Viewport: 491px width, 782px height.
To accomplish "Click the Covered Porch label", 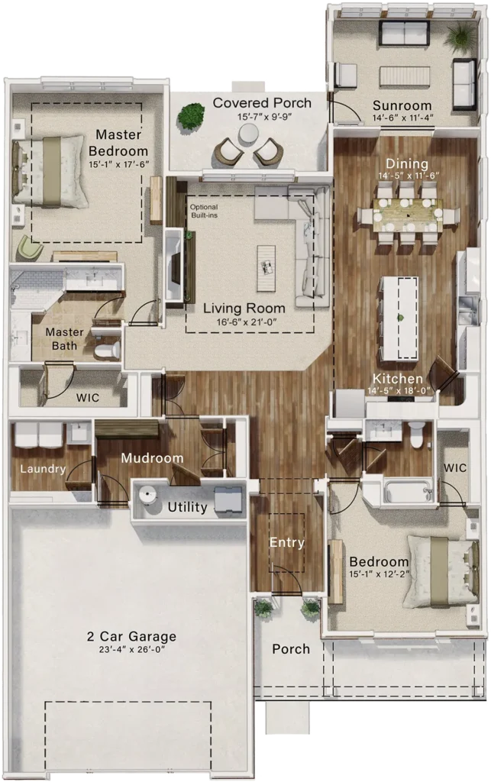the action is pyautogui.click(x=262, y=103).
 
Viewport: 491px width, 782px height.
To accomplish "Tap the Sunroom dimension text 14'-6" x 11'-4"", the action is pyautogui.click(x=402, y=118).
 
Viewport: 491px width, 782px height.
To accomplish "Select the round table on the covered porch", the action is pyautogui.click(x=247, y=134).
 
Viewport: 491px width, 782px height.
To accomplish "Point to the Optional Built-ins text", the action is pyautogui.click(x=204, y=211).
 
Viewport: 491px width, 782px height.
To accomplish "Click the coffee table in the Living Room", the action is pyautogui.click(x=266, y=268).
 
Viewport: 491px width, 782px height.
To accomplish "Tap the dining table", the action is pyautogui.click(x=408, y=215).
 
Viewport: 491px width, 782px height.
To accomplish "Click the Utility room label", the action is pyautogui.click(x=187, y=507).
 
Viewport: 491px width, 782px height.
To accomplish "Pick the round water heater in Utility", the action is pyautogui.click(x=147, y=495).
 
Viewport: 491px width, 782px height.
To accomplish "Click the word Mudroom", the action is pyautogui.click(x=152, y=458).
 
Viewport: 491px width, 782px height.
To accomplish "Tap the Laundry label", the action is pyautogui.click(x=43, y=469).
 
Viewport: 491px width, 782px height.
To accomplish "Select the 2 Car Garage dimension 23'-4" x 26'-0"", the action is pyautogui.click(x=131, y=649).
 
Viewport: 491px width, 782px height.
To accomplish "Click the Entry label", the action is pyautogui.click(x=286, y=543).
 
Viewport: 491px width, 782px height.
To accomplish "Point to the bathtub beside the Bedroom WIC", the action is pyautogui.click(x=408, y=491).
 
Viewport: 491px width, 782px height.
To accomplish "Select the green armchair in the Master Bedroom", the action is pyautogui.click(x=30, y=248).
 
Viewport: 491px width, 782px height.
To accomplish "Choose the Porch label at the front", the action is pyautogui.click(x=291, y=649).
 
